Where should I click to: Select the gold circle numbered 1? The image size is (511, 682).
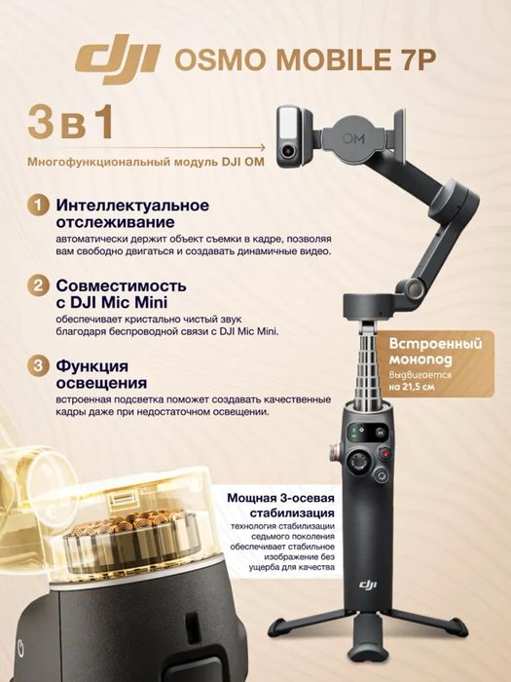tap(37, 207)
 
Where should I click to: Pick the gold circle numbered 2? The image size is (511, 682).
tap(37, 286)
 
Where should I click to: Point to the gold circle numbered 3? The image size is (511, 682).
tap(37, 367)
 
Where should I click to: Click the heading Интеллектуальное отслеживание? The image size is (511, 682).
tap(132, 215)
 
